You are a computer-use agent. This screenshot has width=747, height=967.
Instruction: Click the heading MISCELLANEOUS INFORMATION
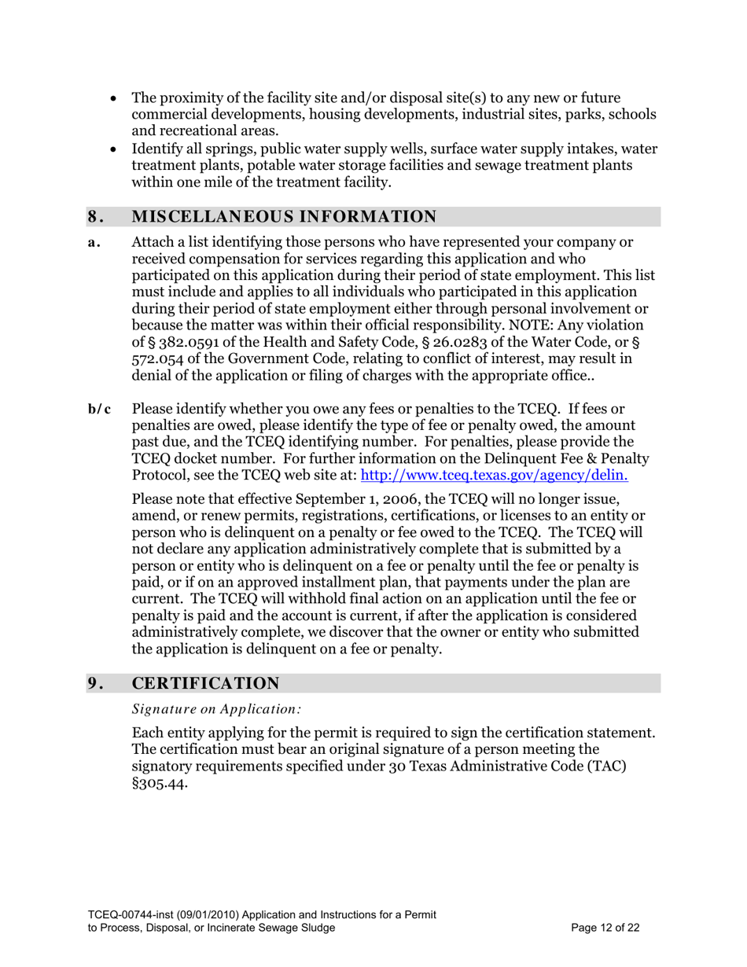pyautogui.click(x=284, y=217)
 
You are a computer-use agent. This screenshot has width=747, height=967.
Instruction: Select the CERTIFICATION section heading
pyautogui.click(x=205, y=683)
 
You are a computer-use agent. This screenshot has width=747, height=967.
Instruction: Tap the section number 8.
pyautogui.click(x=94, y=217)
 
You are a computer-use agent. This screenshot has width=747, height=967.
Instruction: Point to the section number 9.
pyautogui.click(x=94, y=683)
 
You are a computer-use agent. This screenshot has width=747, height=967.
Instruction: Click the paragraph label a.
pyautogui.click(x=94, y=243)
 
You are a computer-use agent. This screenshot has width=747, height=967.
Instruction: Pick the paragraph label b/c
pyautogui.click(x=99, y=408)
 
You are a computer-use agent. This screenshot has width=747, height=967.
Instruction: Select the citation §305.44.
pyautogui.click(x=160, y=784)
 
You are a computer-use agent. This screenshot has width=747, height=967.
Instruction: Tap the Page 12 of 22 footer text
pyautogui.click(x=605, y=928)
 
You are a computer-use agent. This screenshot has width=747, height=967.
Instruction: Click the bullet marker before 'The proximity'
pyautogui.click(x=116, y=98)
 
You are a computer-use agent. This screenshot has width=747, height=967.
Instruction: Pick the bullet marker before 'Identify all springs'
pyautogui.click(x=116, y=149)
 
